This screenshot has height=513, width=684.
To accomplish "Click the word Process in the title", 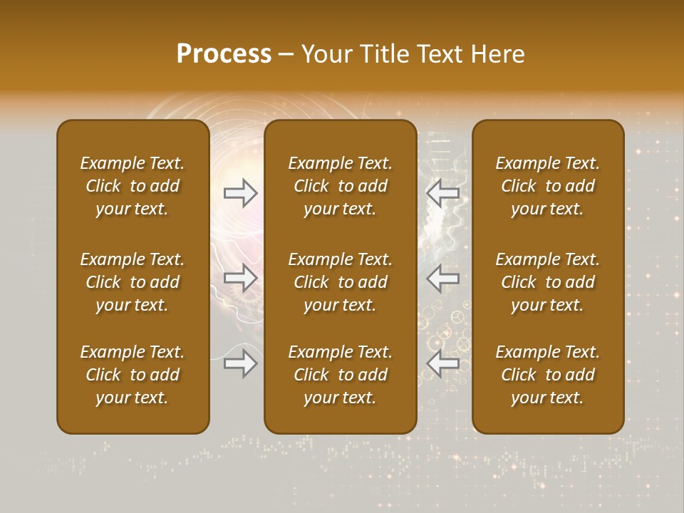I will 224,54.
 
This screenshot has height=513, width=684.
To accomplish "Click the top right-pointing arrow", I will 241,192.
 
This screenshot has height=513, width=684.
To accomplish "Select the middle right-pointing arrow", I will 241,278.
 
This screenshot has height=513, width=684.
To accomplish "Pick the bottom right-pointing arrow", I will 241,363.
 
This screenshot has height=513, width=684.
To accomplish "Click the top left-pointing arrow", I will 443,192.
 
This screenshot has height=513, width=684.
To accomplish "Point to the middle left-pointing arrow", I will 443,278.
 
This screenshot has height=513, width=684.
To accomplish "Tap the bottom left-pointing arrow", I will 443,363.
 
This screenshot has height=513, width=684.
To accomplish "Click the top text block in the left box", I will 133,186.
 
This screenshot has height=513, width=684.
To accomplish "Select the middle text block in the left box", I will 133,282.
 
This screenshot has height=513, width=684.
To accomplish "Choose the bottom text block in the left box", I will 133,375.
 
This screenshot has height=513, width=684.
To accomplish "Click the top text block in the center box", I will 341,186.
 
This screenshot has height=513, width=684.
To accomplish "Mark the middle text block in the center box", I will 341,282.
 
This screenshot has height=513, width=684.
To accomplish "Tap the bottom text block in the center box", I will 341,375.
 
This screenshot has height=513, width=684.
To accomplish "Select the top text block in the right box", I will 548,186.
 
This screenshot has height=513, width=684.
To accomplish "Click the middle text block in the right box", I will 548,282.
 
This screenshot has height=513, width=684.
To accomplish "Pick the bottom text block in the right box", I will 548,375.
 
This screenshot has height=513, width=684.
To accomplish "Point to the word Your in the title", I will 323,54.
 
